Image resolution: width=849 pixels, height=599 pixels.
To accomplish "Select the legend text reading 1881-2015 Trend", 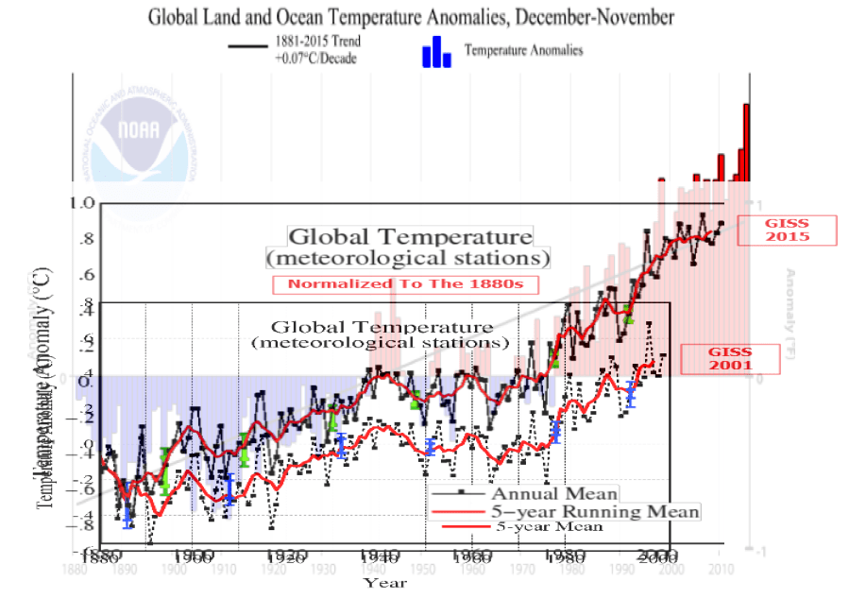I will (x=317, y=43).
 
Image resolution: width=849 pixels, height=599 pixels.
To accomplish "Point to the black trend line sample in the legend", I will (x=248, y=43).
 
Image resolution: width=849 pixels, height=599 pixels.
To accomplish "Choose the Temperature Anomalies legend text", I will (x=523, y=51).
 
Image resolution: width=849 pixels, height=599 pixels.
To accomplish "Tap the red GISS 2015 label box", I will (x=787, y=230).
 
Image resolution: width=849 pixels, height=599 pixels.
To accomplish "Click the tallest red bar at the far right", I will (x=746, y=142).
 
